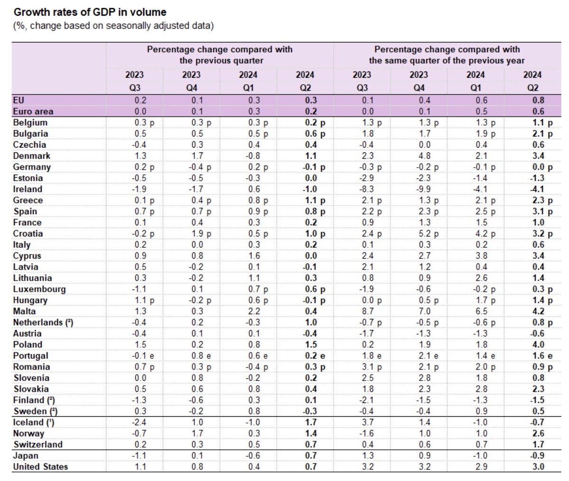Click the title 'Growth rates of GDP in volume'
[90, 12]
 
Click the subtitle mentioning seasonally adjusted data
[113, 26]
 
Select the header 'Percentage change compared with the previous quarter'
[220, 55]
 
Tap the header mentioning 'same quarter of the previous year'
[447, 55]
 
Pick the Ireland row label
[28, 189]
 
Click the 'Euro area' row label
[33, 111]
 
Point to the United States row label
[40, 467]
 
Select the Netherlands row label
[43, 322]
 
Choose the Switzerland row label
[38, 445]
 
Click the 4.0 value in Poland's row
[538, 345]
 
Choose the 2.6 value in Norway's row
[538, 434]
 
